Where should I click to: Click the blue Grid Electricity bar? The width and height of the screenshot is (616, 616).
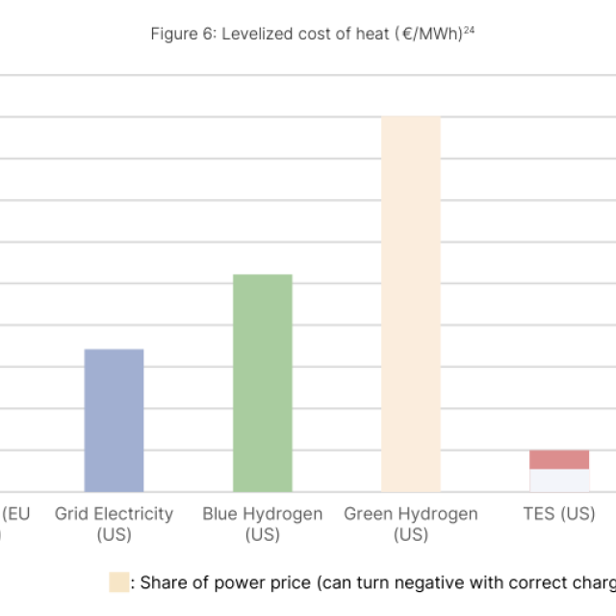(x=114, y=420)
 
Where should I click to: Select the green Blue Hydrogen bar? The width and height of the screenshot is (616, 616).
(x=262, y=383)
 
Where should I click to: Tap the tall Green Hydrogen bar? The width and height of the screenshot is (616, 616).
(x=411, y=304)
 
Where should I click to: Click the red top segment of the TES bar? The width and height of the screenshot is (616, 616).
(x=559, y=459)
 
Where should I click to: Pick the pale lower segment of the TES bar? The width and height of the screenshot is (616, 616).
(x=559, y=480)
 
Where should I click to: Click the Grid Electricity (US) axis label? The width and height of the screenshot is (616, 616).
(x=114, y=524)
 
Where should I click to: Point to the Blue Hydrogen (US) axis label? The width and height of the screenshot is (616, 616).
(x=262, y=524)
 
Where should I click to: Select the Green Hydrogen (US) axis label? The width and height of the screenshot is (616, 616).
(x=411, y=524)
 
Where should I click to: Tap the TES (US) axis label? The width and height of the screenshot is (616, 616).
(x=559, y=514)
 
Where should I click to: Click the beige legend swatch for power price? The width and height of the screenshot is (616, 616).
(x=118, y=581)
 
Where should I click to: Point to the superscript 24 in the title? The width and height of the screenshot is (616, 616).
(x=470, y=30)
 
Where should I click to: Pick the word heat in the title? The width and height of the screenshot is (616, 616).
(x=371, y=35)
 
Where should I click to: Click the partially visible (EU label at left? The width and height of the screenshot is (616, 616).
(x=16, y=514)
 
